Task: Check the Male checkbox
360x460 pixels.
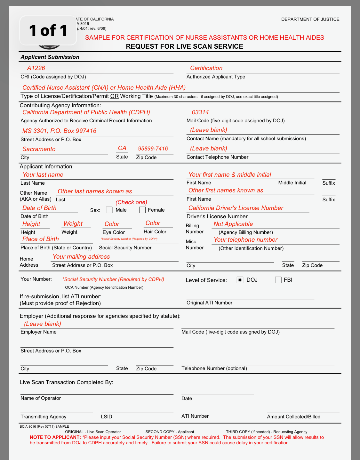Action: click(x=109, y=210)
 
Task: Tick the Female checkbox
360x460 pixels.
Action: click(x=142, y=210)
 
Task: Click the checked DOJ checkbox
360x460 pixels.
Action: click(x=240, y=280)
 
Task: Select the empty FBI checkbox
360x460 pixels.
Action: click(x=278, y=280)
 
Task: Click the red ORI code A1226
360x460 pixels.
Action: click(x=36, y=68)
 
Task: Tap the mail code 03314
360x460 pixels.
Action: click(x=200, y=112)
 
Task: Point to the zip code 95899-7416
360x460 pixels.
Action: click(x=153, y=149)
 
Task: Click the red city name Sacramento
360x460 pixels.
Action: click(x=39, y=149)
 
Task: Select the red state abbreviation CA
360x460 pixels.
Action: click(x=122, y=148)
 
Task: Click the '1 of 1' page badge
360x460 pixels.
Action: click(x=48, y=31)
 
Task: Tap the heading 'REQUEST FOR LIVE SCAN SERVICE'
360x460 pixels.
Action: click(x=185, y=46)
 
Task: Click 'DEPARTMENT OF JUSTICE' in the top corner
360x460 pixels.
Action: click(x=310, y=19)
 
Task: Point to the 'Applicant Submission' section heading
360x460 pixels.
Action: click(x=50, y=57)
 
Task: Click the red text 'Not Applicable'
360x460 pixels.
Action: click(x=233, y=224)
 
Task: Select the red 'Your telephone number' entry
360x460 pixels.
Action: click(x=245, y=240)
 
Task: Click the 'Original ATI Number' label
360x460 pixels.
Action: click(x=210, y=303)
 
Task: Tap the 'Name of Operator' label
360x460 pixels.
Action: click(x=41, y=398)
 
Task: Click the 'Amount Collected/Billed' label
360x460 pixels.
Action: click(x=294, y=417)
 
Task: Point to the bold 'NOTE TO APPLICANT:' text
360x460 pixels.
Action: click(x=55, y=437)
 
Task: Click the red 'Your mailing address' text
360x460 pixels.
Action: click(x=81, y=257)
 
